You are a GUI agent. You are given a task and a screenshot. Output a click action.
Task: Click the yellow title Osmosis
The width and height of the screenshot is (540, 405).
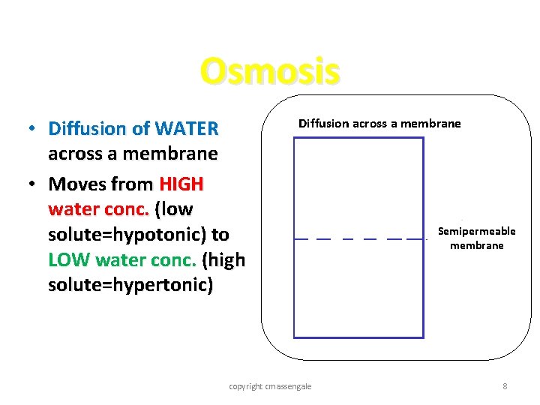tap(270, 71)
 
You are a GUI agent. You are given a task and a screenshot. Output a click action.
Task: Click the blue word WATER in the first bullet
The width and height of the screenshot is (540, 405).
tap(187, 129)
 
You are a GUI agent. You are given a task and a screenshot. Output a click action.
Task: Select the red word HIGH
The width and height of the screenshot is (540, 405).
tap(181, 184)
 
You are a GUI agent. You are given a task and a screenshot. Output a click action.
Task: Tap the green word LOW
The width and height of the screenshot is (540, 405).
tap(69, 259)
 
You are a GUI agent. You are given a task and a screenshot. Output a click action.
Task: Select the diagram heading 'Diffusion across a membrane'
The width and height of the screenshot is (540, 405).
tap(379, 124)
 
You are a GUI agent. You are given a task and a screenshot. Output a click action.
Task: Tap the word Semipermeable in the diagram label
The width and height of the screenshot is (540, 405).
tap(476, 231)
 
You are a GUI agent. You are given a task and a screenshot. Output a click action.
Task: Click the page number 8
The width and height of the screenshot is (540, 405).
tap(505, 386)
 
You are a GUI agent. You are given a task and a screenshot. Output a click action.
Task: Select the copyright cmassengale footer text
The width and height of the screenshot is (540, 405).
tap(270, 386)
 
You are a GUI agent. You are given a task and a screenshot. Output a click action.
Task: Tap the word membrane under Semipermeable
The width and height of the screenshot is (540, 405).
tap(476, 245)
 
